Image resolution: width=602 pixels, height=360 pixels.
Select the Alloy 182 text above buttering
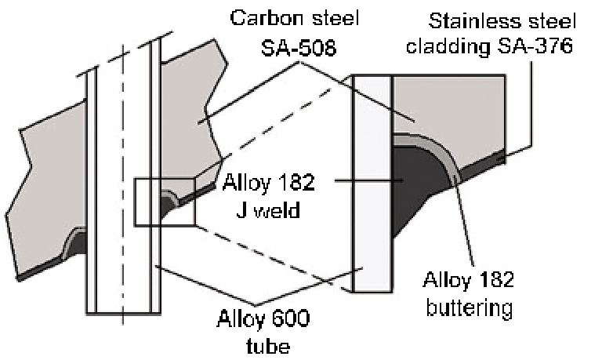coord(469,280)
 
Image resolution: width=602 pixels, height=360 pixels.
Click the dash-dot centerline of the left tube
coord(122,157)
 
